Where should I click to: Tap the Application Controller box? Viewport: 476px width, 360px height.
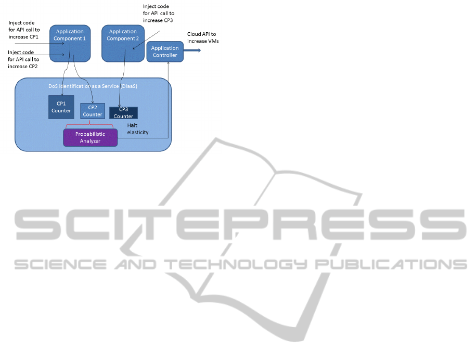tap(164, 52)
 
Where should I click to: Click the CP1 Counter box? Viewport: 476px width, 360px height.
tap(61, 107)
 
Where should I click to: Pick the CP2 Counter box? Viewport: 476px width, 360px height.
tap(93, 111)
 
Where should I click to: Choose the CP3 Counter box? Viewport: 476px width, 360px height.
tap(123, 113)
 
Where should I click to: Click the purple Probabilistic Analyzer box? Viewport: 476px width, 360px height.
tap(90, 138)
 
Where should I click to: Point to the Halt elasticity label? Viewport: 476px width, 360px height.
tap(138, 128)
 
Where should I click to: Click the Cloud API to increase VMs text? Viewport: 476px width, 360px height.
tap(202, 37)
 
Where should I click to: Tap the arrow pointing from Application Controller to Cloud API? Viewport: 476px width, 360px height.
tap(192, 50)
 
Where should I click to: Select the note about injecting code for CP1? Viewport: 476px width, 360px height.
tap(24, 30)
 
